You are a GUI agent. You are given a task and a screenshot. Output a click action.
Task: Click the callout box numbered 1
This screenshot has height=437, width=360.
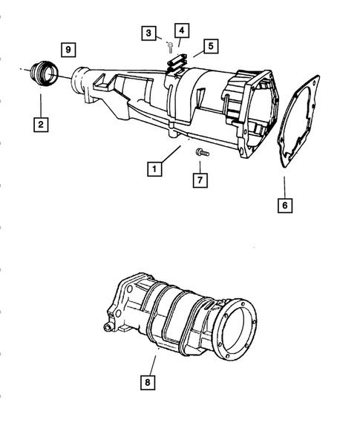(x=154, y=169)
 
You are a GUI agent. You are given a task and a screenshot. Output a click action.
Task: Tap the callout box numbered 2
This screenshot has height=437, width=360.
(x=39, y=125)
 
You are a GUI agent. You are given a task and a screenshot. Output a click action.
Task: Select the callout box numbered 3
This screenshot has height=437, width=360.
(x=149, y=33)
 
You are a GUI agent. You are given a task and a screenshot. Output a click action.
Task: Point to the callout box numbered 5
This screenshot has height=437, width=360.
(x=211, y=46)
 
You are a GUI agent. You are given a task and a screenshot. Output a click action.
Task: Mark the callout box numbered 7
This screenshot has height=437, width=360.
(x=200, y=180)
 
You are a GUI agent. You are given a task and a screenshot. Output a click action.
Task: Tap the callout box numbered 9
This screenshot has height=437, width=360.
(x=68, y=49)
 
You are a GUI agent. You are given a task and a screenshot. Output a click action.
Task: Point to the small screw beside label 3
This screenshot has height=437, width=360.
(x=170, y=45)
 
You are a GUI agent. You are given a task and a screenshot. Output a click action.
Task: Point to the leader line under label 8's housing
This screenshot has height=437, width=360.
(x=154, y=365)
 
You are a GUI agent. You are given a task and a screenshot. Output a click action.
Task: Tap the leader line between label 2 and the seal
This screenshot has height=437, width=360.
(x=39, y=100)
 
